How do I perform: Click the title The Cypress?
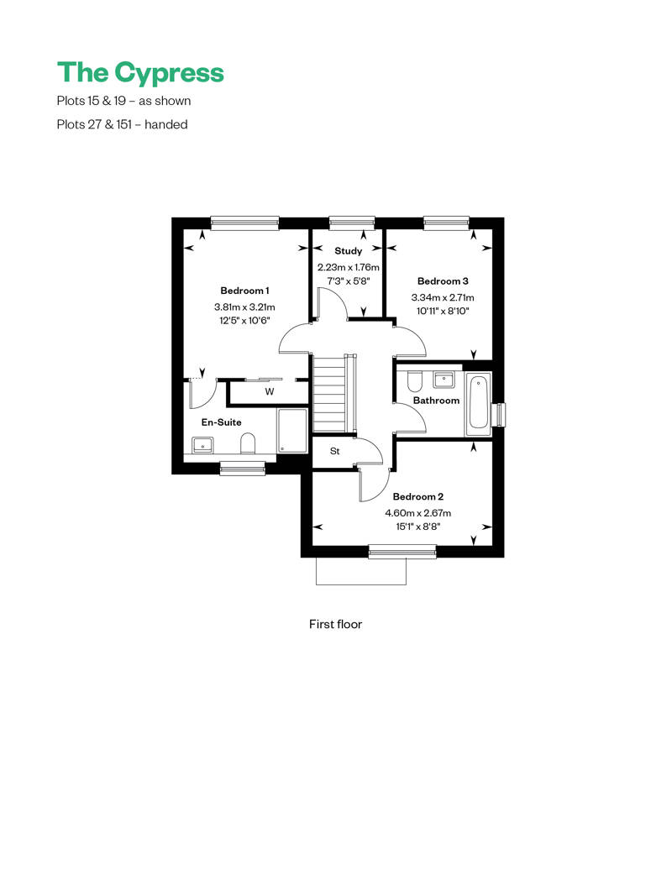[140, 73]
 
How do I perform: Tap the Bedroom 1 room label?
[244, 291]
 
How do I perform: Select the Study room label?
[349, 251]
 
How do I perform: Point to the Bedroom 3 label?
[443, 281]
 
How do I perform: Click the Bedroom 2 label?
[417, 496]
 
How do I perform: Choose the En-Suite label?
[222, 422]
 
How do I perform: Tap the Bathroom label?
[436, 401]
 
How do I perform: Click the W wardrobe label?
[270, 391]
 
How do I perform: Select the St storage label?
[334, 451]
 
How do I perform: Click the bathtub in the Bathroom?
[478, 403]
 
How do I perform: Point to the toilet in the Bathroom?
[415, 381]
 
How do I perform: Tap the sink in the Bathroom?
[444, 380]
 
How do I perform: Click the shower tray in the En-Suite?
[291, 431]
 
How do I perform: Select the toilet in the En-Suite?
[248, 443]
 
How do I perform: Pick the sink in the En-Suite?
[202, 445]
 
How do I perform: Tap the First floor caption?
[336, 624]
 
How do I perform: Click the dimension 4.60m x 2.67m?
[417, 513]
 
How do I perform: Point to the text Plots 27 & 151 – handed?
[122, 124]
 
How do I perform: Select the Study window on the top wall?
[352, 223]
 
